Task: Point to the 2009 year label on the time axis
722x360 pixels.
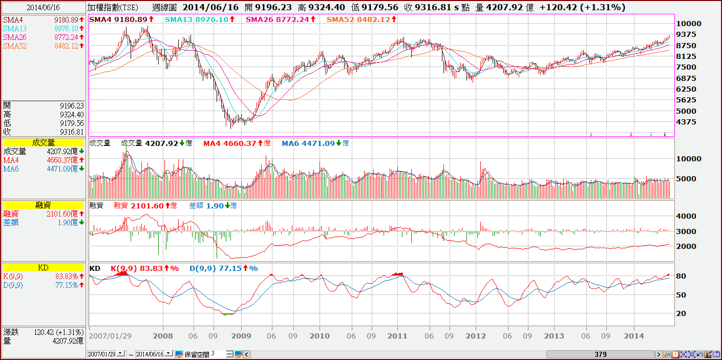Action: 241,336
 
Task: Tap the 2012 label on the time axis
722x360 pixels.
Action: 476,336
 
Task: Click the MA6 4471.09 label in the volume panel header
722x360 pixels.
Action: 315,143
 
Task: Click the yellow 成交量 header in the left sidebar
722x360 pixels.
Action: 43,143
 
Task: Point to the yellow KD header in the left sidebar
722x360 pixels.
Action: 43,267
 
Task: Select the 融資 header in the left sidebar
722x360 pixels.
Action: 43,205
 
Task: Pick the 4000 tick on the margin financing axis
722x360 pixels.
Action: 686,216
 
